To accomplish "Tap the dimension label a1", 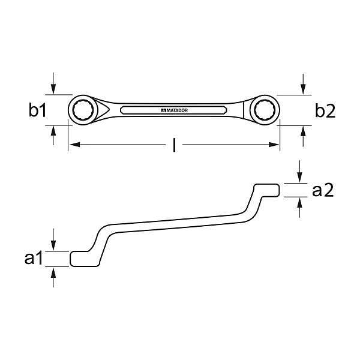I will point(34,259).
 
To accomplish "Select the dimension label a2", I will point(322,191).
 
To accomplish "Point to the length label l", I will point(174,145).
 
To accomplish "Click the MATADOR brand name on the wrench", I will point(174,110).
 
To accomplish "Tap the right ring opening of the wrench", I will point(263,110).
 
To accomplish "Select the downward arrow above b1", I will point(54,84).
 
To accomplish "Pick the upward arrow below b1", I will point(54,136).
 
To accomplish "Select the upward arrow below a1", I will point(54,277).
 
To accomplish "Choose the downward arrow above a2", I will point(299,174).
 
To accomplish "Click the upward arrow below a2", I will point(299,208).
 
